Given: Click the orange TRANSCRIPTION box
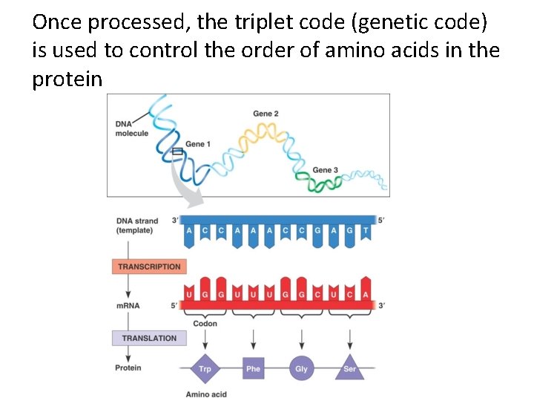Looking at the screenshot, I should (148, 267).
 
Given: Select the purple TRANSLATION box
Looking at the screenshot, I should (149, 338).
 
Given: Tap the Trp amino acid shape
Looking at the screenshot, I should (205, 368).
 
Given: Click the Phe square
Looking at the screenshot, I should (254, 368).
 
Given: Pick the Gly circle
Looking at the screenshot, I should (301, 368).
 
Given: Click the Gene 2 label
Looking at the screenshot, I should (266, 114).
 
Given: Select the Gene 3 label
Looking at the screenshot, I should (326, 170).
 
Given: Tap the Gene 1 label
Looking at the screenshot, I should (198, 144).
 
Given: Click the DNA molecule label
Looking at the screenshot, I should (131, 128).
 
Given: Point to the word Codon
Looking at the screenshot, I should (205, 324).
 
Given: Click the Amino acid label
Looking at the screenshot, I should (206, 394).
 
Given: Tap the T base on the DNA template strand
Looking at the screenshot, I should (364, 231).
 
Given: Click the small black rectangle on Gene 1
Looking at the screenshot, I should (177, 151).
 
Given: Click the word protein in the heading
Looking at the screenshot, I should (67, 79).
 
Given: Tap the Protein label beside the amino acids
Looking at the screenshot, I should (128, 368).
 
